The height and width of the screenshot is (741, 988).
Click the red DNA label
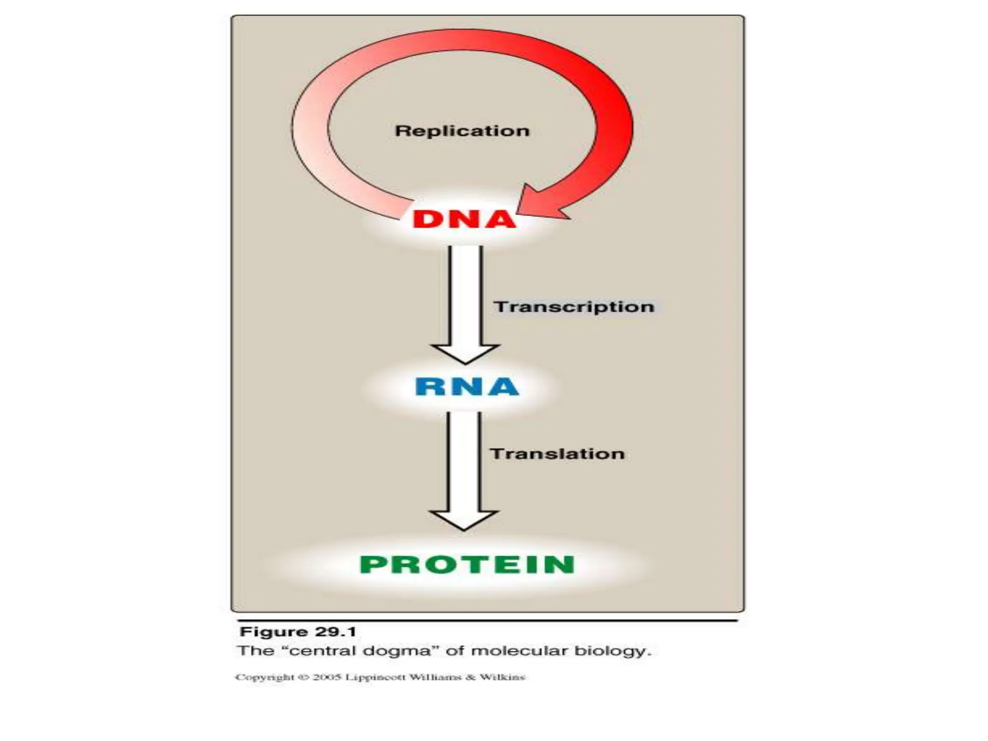pos(464,220)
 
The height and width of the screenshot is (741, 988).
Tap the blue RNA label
pos(467,387)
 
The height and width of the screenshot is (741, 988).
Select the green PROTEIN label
pos(467,564)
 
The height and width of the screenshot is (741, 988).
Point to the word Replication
pos(462,131)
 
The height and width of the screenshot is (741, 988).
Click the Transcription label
pos(574,307)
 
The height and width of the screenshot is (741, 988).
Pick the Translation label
pos(557,453)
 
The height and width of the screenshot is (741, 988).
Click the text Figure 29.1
pos(298,631)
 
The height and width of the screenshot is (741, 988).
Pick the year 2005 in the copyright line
pos(328,677)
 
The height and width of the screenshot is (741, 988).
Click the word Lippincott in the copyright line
pos(376,677)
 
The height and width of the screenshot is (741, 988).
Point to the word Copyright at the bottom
pos(264,677)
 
